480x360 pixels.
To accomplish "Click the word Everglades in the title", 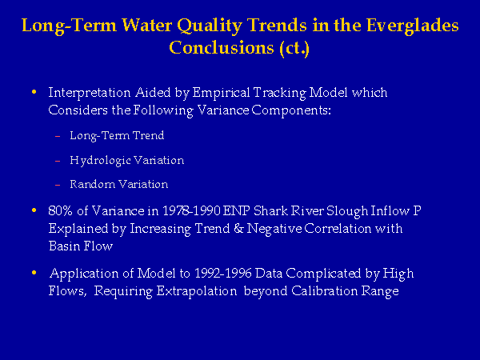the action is [x=412, y=26].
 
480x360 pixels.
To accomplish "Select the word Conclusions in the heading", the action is [x=222, y=47].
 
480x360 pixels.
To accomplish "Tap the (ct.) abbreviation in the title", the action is [x=294, y=48].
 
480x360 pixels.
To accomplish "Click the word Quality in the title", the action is [x=210, y=26].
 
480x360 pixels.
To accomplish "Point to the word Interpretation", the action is [x=90, y=93].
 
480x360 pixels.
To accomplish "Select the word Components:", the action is [x=291, y=110].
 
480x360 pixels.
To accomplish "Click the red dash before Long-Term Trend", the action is [x=58, y=136].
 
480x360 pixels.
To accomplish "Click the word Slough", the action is [x=347, y=211].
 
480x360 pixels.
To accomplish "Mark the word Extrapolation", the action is [x=197, y=291].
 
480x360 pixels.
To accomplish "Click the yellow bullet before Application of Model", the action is [x=34, y=273].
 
